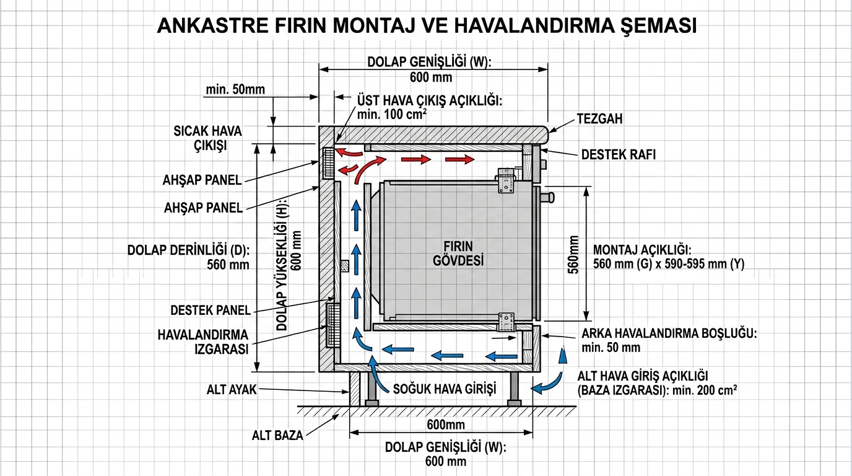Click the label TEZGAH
[599, 118]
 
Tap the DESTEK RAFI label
[618, 154]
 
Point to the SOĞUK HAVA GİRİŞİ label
[445, 389]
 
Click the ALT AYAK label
[232, 390]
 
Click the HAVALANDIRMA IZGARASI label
[202, 342]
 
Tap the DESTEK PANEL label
[211, 310]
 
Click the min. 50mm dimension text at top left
[235, 89]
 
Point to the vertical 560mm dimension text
[573, 254]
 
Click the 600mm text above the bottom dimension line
[445, 425]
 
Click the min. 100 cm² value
[392, 115]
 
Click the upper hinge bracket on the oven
[507, 182]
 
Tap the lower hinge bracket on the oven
[507, 322]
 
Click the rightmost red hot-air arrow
[460, 160]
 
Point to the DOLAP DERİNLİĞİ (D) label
[188, 250]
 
